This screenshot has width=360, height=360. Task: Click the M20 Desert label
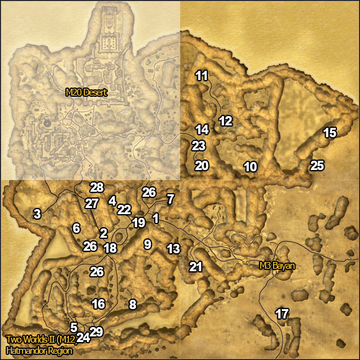pyautogui.click(x=86, y=93)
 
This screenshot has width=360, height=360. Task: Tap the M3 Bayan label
pyautogui.click(x=276, y=266)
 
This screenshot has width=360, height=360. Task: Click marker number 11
pyautogui.click(x=202, y=76)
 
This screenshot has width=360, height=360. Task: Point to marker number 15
pyautogui.click(x=330, y=132)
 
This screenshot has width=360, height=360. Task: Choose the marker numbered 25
pyautogui.click(x=317, y=165)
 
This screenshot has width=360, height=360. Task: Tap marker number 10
pyautogui.click(x=250, y=166)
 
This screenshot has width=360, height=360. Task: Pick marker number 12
pyautogui.click(x=225, y=120)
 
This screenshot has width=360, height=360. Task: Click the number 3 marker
pyautogui.click(x=37, y=214)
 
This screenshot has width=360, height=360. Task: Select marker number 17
pyautogui.click(x=282, y=313)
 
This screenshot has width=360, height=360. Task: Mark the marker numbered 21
pyautogui.click(x=196, y=267)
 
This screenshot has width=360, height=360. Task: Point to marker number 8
pyautogui.click(x=132, y=304)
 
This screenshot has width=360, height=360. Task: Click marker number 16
pyautogui.click(x=98, y=304)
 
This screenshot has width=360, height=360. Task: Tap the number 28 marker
pyautogui.click(x=96, y=187)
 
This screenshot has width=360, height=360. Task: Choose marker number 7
pyautogui.click(x=171, y=199)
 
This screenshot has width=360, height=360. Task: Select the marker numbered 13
pyautogui.click(x=173, y=249)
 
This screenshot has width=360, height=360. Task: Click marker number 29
pyautogui.click(x=96, y=331)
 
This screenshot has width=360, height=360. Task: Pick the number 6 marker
pyautogui.click(x=76, y=228)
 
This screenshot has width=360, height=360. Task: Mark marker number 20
pyautogui.click(x=202, y=166)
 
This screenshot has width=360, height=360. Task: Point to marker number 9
pyautogui.click(x=147, y=244)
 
